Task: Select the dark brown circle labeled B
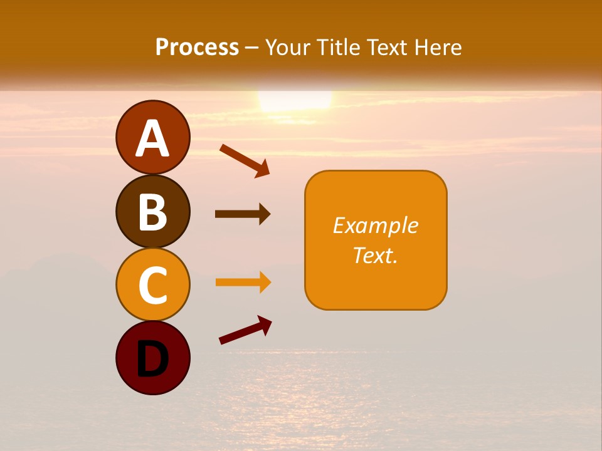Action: coord(152,212)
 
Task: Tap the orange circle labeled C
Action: coord(152,285)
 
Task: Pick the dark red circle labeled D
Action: coord(152,358)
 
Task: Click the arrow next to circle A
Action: coord(244,160)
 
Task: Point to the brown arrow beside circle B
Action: coord(243,214)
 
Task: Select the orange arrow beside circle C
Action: coord(243,283)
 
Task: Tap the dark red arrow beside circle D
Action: coord(245,329)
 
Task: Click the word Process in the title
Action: coord(197,48)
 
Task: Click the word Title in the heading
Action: coord(339,48)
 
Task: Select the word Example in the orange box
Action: coord(376,225)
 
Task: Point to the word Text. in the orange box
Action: coord(376,256)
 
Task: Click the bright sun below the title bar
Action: coord(295,100)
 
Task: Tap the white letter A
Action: coord(152,138)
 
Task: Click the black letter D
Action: coord(152,361)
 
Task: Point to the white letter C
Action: coord(152,286)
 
